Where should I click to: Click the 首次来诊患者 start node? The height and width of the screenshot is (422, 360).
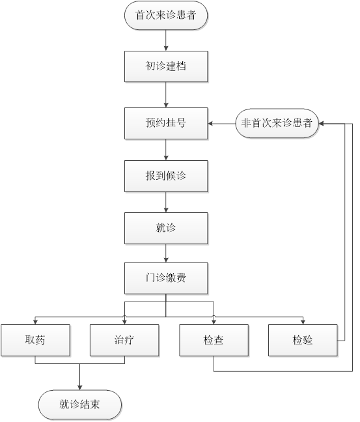(166, 15)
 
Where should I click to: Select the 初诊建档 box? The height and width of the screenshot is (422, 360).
(166, 66)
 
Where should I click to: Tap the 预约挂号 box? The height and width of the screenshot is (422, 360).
(166, 123)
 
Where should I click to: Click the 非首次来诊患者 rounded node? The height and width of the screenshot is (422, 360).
(277, 123)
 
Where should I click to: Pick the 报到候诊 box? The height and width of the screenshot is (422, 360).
(166, 176)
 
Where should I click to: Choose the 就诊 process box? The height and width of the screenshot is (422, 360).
(166, 228)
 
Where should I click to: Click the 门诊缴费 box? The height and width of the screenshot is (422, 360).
(166, 278)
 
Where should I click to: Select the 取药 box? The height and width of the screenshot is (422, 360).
(35, 340)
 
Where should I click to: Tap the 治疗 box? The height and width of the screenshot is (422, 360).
(124, 340)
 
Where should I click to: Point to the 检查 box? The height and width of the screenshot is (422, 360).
(214, 340)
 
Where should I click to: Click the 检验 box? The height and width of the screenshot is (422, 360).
(303, 340)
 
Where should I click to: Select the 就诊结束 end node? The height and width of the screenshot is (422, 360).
(79, 404)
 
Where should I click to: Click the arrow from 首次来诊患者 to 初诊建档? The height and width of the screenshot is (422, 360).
(166, 40)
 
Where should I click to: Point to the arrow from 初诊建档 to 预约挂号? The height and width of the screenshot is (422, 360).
(166, 94)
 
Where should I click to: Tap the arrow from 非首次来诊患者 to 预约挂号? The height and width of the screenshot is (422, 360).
(221, 124)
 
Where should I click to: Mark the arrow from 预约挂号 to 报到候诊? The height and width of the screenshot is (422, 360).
(166, 150)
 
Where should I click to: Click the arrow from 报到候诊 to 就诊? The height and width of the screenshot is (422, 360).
(166, 202)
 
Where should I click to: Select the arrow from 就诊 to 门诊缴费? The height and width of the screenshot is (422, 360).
(166, 253)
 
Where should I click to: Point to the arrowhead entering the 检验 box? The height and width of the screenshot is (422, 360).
(303, 322)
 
